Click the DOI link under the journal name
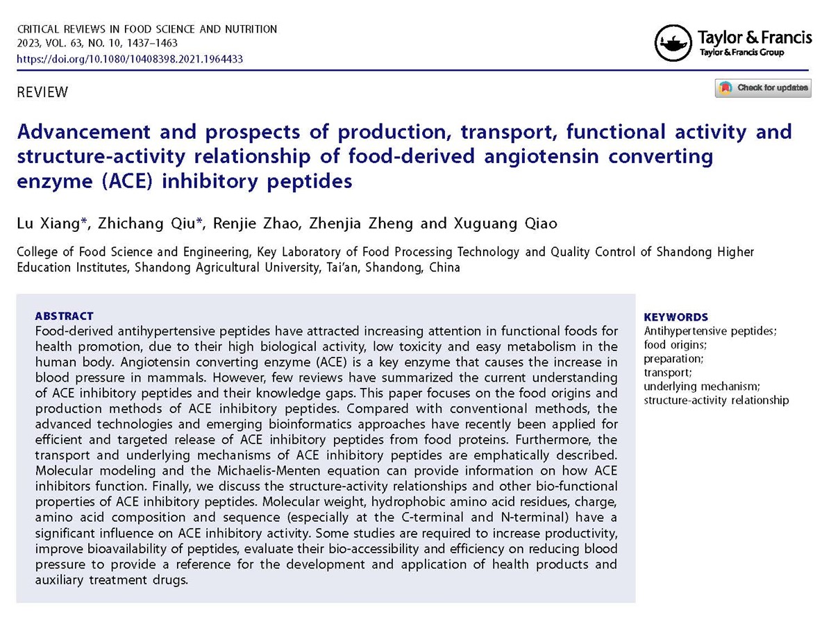(129, 59)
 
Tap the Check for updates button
(763, 88)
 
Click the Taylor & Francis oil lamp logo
(673, 43)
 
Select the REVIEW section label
(42, 92)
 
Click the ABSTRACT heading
(64, 316)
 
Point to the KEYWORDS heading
(676, 317)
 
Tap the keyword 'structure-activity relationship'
(716, 400)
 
